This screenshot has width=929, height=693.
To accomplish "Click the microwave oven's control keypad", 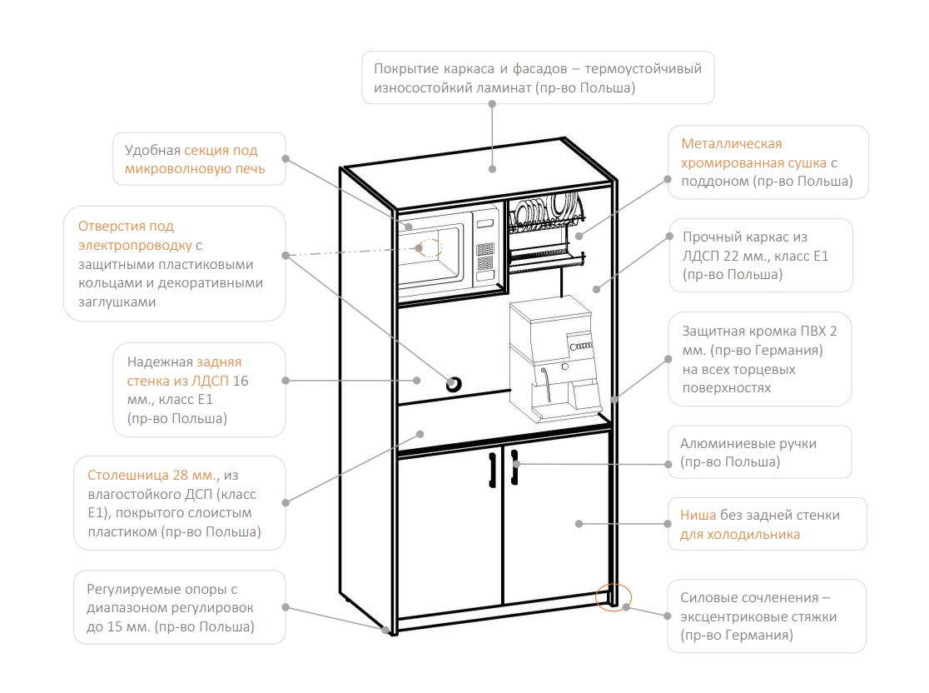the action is (x=485, y=256).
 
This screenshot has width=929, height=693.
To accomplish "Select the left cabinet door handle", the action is (x=492, y=470).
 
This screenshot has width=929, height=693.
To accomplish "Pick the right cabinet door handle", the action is (x=514, y=467).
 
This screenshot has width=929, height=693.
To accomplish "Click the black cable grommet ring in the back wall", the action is (x=453, y=384).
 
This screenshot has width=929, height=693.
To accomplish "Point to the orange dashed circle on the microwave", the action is (x=430, y=247).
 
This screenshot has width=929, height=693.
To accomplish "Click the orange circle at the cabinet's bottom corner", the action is (x=614, y=596).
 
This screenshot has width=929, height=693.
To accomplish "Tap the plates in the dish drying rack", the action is (x=542, y=211).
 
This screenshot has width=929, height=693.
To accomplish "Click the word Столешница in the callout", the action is (x=128, y=476).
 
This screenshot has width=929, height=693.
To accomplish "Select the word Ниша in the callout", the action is (x=698, y=515).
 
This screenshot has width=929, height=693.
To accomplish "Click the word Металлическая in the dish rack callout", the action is (x=731, y=143).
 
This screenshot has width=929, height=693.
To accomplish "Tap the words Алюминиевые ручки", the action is (x=748, y=443).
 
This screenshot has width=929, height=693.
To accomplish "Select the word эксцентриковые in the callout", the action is (x=740, y=617).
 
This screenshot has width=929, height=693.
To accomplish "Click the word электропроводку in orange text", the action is (x=135, y=246).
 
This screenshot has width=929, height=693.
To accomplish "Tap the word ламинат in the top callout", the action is (x=504, y=87).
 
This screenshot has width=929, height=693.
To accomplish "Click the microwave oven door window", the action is (x=430, y=254).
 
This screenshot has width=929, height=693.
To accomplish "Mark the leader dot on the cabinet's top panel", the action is (x=492, y=169).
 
